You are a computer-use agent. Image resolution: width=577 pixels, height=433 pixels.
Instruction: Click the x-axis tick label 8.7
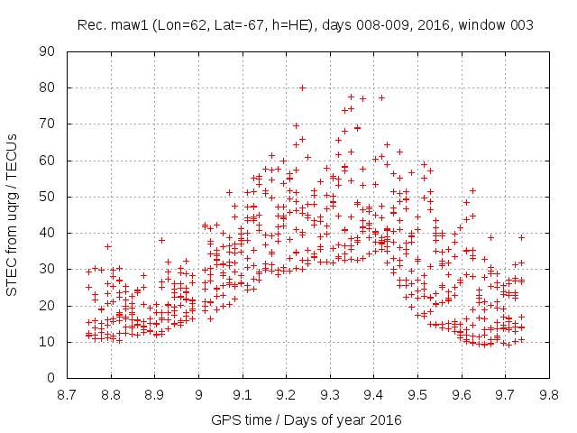click(x=67, y=394)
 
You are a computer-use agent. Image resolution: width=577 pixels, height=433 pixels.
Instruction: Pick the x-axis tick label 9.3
click(x=330, y=394)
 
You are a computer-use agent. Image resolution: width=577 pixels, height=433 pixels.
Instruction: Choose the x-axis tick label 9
click(x=198, y=394)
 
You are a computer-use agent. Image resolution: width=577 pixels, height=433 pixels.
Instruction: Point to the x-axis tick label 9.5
click(x=417, y=394)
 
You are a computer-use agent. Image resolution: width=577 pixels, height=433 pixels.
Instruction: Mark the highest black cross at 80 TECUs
click(x=303, y=88)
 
